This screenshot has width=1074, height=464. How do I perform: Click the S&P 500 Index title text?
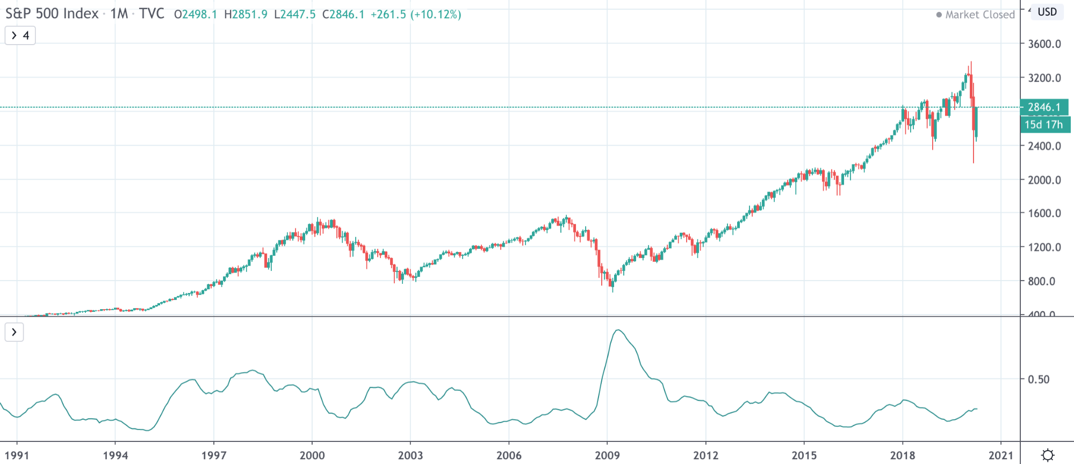point(52,13)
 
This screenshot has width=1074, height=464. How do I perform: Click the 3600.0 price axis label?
point(1044,44)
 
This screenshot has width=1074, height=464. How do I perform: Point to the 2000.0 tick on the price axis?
point(1044,180)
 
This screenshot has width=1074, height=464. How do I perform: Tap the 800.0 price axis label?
point(1041,281)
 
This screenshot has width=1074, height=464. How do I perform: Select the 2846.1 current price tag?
point(1044,107)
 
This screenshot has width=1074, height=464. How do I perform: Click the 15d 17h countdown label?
point(1044,125)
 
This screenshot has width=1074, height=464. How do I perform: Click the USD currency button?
point(1047,12)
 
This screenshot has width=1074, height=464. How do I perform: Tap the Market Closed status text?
point(979,15)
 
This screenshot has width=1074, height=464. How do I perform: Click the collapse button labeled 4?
point(20,35)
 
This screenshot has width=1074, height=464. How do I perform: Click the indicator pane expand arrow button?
point(14,332)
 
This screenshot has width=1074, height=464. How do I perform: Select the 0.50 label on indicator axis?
point(1038,380)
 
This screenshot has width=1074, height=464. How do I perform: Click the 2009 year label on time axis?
point(607,455)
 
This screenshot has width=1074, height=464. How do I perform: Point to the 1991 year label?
point(17,455)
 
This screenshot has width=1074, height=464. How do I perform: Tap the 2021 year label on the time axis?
point(1000,455)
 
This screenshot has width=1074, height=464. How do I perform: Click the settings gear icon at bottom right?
point(1047,455)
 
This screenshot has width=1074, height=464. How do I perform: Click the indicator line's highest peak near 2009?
point(618,330)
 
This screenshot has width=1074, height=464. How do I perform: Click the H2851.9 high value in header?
point(246,15)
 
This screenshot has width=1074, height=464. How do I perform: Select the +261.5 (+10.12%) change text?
point(416,15)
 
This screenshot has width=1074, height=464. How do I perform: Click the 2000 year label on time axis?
point(312,455)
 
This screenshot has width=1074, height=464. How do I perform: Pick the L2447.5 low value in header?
point(294,15)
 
